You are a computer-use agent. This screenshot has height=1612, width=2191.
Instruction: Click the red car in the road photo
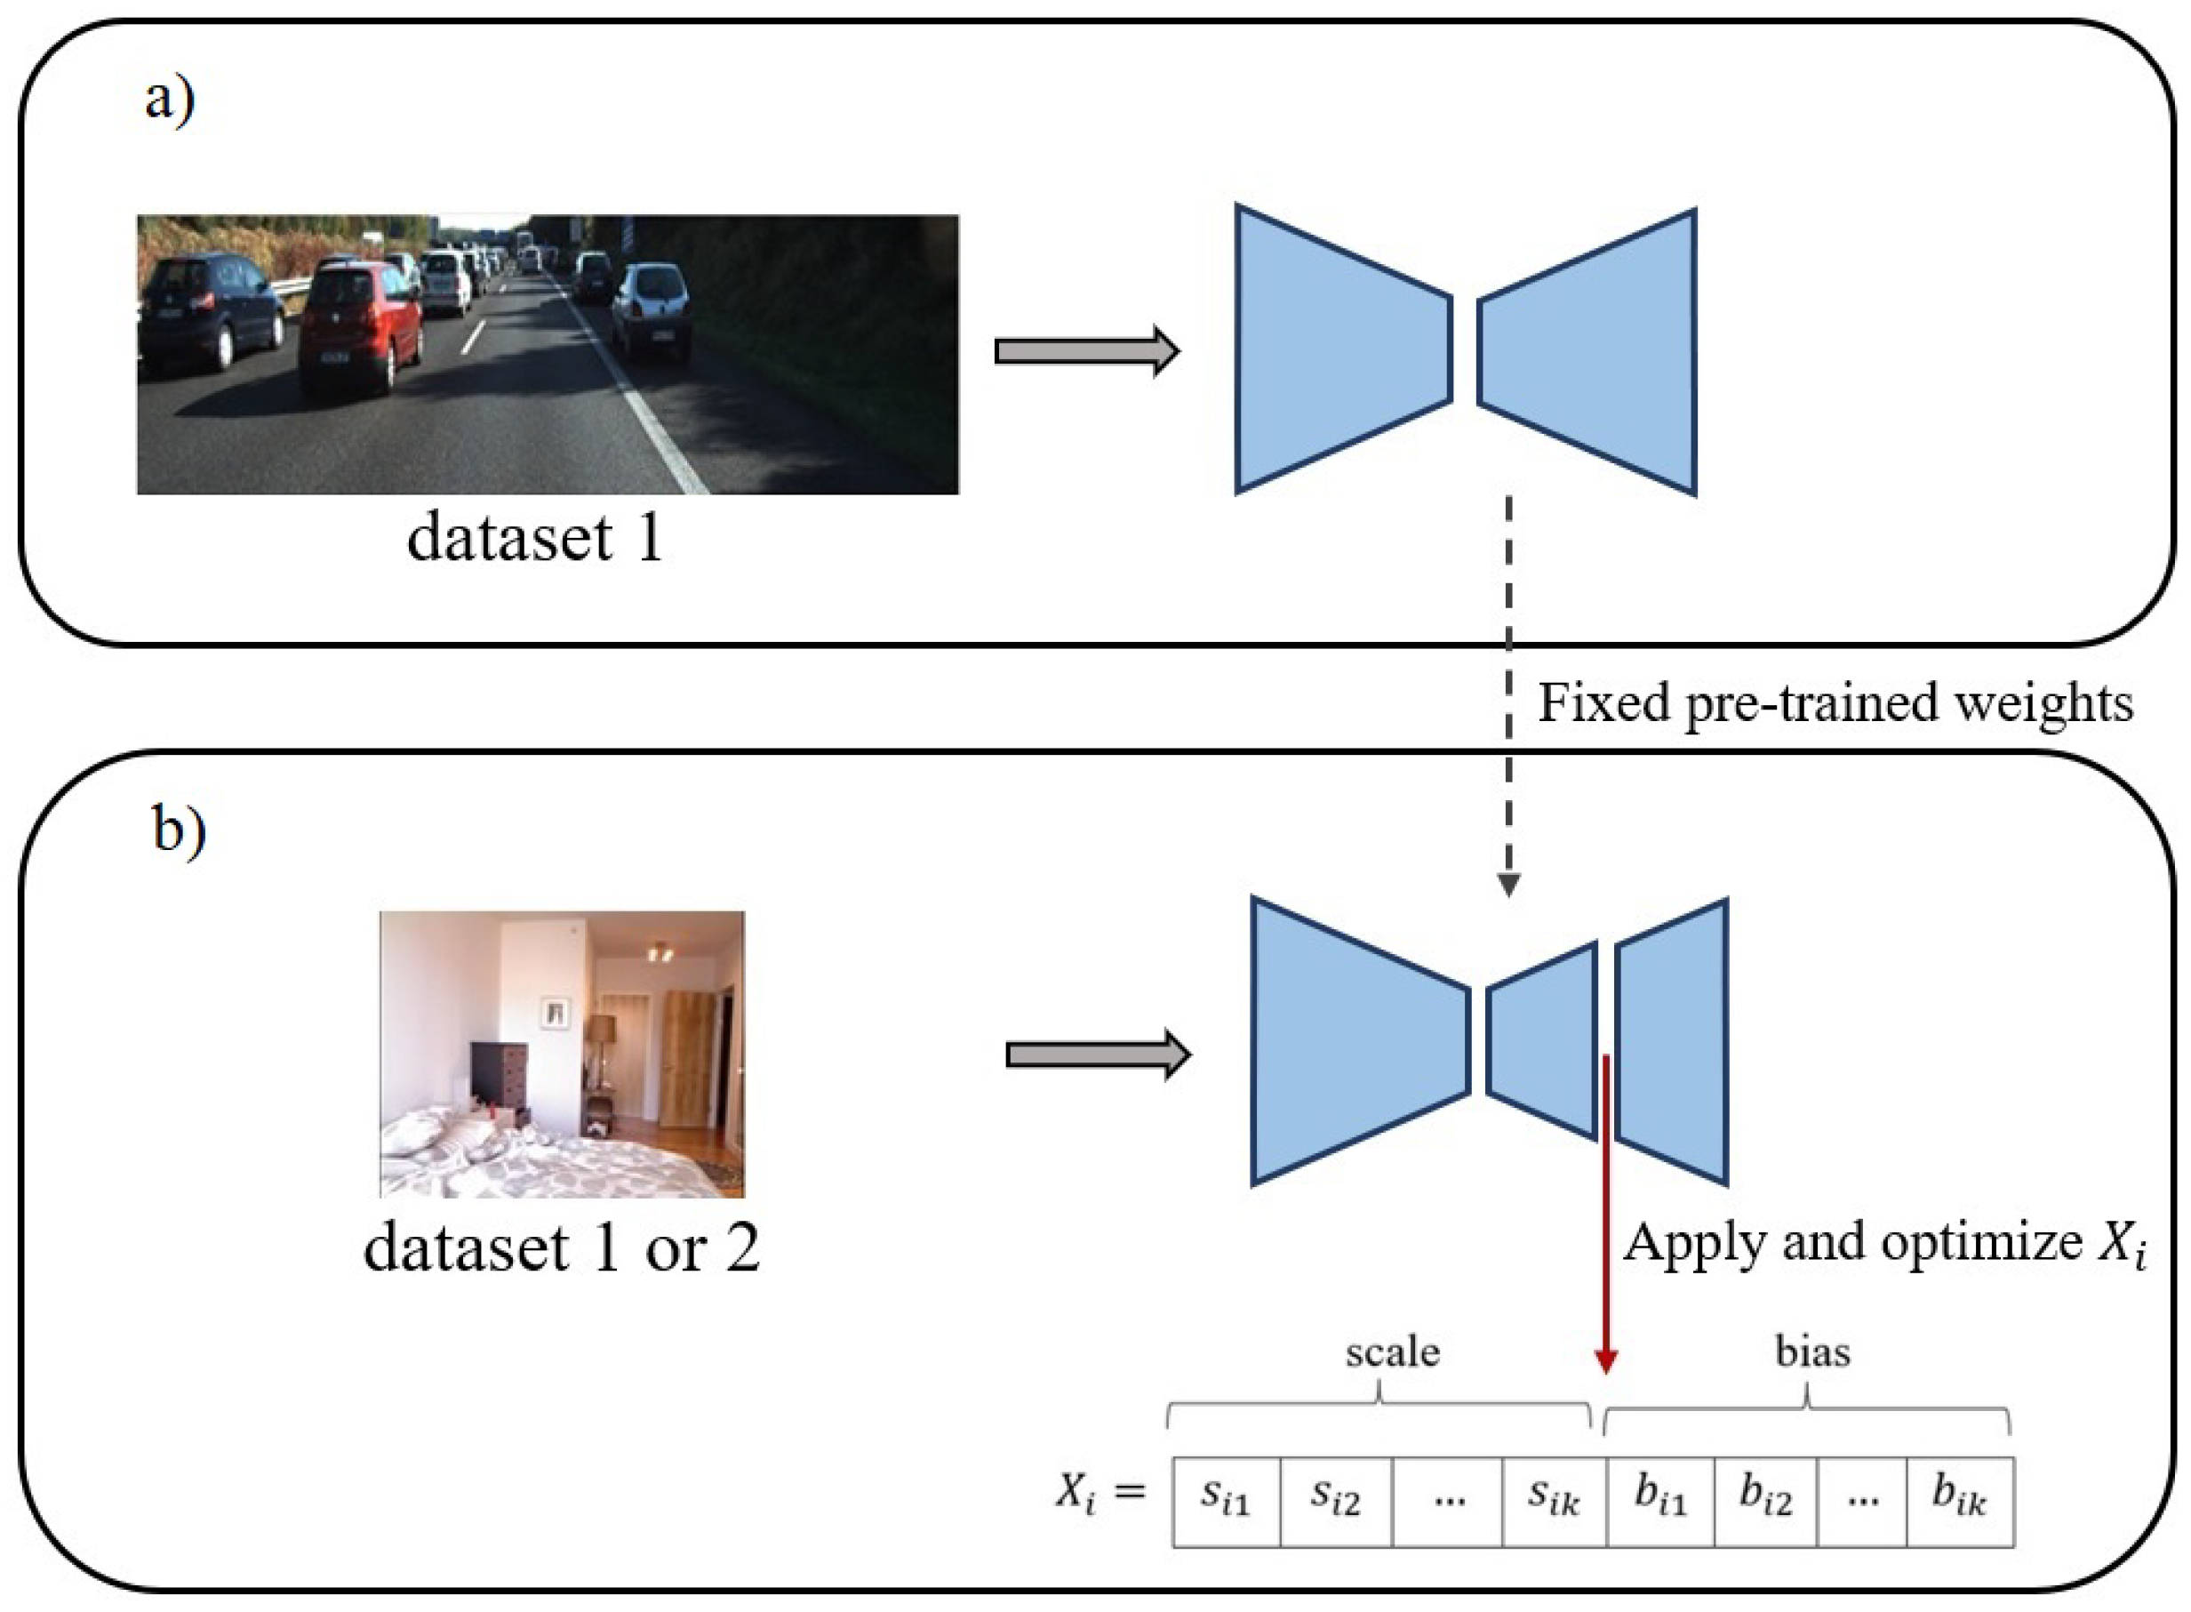[359, 322]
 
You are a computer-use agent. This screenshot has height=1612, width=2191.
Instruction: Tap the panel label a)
[170, 99]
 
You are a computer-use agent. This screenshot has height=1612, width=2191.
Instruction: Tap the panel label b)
[180, 830]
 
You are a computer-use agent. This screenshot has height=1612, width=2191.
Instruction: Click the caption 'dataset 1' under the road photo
[534, 538]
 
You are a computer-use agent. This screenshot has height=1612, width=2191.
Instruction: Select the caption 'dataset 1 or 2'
[561, 1247]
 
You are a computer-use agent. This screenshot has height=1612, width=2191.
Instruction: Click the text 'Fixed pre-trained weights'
[1835, 702]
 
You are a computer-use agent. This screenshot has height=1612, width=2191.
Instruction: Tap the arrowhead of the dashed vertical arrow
[1508, 884]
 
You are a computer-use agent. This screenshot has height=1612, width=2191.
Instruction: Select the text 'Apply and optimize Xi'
[1883, 1244]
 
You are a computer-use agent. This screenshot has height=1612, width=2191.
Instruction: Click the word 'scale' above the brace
[1392, 1351]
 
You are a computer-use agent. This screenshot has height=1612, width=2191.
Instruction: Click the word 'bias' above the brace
[1812, 1351]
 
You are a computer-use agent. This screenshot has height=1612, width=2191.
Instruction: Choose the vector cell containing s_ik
[1553, 1502]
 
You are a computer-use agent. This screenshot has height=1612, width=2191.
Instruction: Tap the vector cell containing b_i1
[1659, 1502]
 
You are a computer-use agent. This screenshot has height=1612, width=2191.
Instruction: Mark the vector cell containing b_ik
[1959, 1502]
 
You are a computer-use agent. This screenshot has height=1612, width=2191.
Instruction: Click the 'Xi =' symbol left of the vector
[1100, 1494]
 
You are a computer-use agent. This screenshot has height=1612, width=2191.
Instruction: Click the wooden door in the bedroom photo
[688, 1058]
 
